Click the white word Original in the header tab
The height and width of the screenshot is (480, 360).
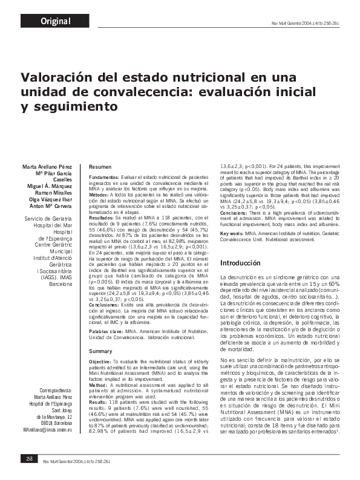pyautogui.click(x=56, y=22)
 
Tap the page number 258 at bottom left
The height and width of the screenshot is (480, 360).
pyautogui.click(x=28, y=460)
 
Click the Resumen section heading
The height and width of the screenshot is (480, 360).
pyautogui.click(x=99, y=166)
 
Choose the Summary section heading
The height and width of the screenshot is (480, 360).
pyautogui.click(x=100, y=351)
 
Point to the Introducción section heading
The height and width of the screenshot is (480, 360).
pyautogui.click(x=240, y=264)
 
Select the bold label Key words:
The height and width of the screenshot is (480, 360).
pyautogui.click(x=232, y=233)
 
